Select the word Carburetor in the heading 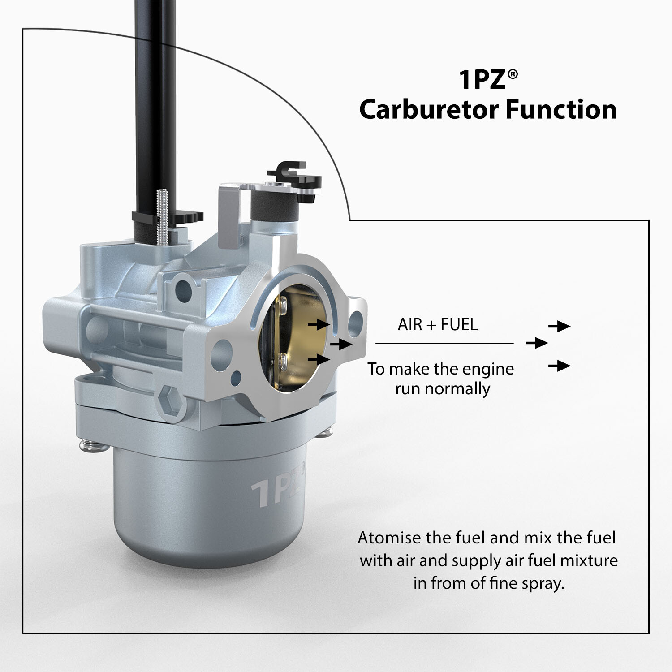427,110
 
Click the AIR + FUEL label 438,324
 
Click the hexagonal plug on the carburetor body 172,399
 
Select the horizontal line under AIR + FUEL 444,344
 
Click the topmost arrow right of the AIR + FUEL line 559,326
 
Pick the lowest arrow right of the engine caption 559,366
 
